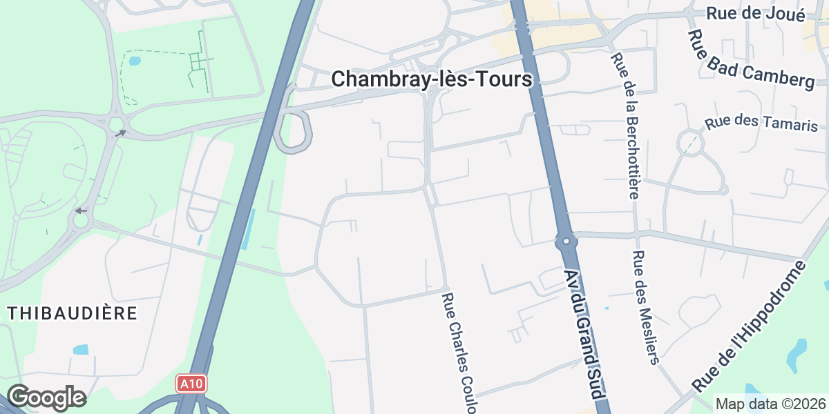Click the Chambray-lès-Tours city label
pyautogui.click(x=432, y=79)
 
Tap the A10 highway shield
pyautogui.click(x=191, y=384)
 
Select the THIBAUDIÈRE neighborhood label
pyautogui.click(x=73, y=313)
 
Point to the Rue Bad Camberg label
pyautogui.click(x=752, y=59)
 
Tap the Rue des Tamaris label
pyautogui.click(x=761, y=124)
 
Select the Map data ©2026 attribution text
pyautogui.click(x=770, y=404)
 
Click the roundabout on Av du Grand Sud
pyautogui.click(x=566, y=241)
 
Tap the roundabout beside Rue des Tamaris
pyautogui.click(x=689, y=143)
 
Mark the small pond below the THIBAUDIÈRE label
pyautogui.click(x=81, y=349)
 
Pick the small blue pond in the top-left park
pyautogui.click(x=134, y=61)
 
